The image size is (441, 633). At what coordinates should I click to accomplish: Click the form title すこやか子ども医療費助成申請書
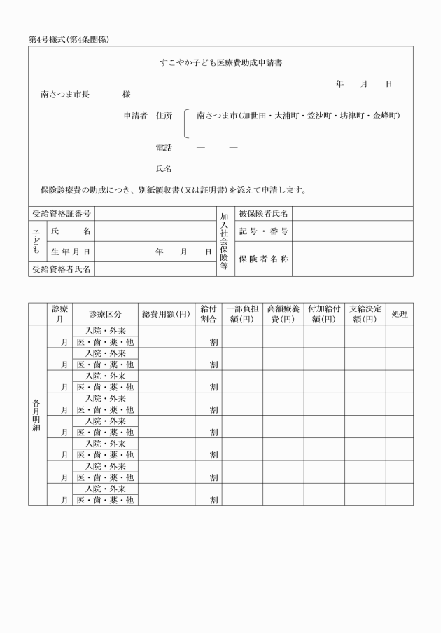click(220, 63)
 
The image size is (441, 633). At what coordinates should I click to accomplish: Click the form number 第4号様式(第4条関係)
click(69, 39)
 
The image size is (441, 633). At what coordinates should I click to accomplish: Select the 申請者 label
click(135, 115)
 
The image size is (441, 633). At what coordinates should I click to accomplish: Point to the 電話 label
click(163, 148)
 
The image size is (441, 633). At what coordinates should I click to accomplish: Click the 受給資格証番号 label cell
click(62, 214)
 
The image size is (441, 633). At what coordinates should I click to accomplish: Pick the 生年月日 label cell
click(70, 252)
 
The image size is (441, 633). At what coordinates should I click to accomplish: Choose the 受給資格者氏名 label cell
click(62, 269)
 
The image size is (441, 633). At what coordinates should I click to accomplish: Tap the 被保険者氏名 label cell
click(263, 214)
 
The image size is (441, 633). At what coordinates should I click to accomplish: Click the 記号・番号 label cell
click(263, 231)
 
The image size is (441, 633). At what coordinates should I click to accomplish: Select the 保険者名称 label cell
click(263, 259)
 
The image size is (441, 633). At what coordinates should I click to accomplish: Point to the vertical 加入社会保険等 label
click(225, 242)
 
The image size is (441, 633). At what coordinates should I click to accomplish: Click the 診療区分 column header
click(106, 313)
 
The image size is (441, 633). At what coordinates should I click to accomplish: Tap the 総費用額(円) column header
click(166, 313)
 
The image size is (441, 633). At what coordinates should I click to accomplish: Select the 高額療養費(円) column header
click(283, 313)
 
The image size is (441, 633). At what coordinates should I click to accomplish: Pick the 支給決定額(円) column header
click(365, 313)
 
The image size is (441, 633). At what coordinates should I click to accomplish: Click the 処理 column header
click(399, 313)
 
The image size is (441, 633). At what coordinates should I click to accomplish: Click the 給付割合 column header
click(208, 313)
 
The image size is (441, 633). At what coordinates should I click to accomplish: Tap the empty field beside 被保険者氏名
click(352, 214)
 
